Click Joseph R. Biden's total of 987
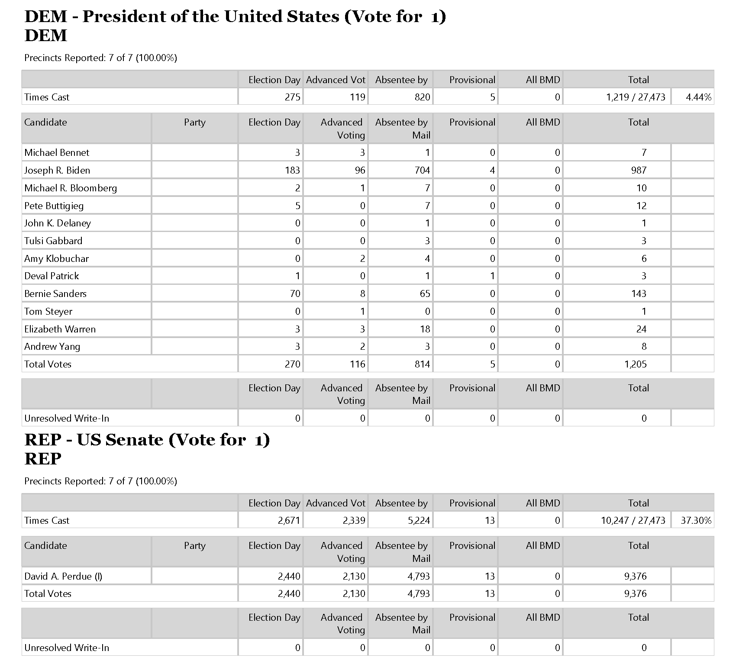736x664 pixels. point(639,170)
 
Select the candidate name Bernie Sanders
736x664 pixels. point(55,293)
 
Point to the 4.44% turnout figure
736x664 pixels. point(698,97)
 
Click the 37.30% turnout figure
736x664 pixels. point(696,520)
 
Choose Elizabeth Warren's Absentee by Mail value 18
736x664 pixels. point(425,329)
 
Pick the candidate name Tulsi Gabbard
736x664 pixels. point(53,241)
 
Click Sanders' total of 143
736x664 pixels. point(639,293)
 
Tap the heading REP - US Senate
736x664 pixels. point(147,440)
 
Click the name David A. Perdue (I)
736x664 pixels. point(63,576)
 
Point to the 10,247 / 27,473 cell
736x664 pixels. point(633,520)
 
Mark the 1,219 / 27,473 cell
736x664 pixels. point(635,97)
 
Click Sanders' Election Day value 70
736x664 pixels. point(295,293)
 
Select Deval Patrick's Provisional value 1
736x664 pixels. point(492,276)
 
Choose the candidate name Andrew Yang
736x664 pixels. point(52,346)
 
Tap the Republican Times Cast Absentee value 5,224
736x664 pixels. point(419,520)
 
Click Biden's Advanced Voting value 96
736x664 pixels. point(360,170)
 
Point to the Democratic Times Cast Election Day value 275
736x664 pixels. point(292,97)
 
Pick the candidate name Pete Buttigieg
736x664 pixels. point(54,206)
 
